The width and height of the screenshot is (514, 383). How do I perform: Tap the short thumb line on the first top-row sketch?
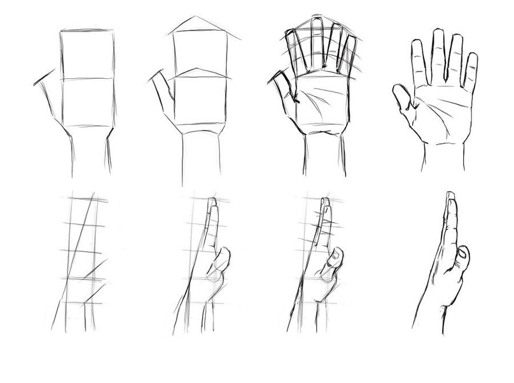pyautogui.click(x=45, y=78)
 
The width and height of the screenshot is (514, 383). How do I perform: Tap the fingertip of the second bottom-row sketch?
pyautogui.click(x=213, y=202)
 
